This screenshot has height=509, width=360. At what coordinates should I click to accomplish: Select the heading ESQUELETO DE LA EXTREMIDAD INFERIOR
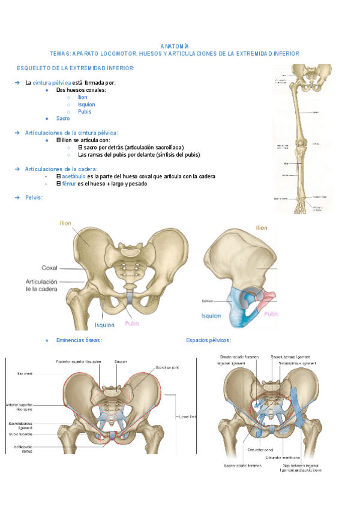pyautogui.click(x=76, y=68)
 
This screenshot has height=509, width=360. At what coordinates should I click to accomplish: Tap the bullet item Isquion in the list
pyautogui.click(x=86, y=104)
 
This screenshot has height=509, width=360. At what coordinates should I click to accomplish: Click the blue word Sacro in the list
pyautogui.click(x=63, y=118)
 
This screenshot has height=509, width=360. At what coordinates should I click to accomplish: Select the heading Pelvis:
pyautogui.click(x=34, y=197)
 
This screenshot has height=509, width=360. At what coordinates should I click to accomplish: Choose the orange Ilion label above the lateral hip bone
pyautogui.click(x=262, y=228)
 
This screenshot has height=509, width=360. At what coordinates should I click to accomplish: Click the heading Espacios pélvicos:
pyautogui.click(x=208, y=340)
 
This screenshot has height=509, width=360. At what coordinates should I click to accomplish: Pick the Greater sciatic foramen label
pyautogui.click(x=239, y=357)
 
